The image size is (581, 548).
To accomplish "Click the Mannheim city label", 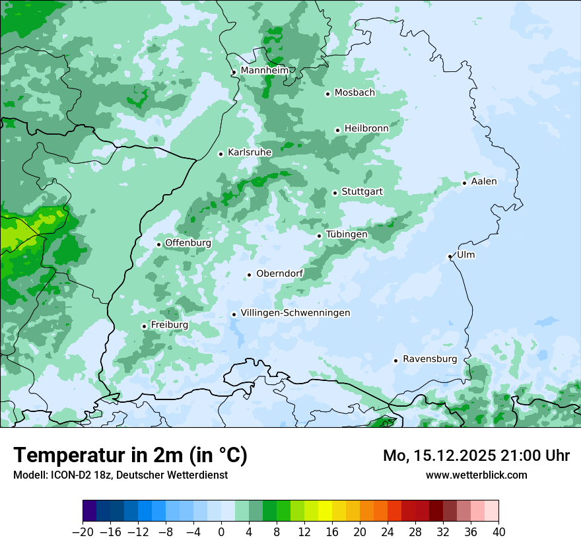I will pyautogui.click(x=264, y=71).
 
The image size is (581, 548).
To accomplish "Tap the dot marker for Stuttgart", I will pyautogui.click(x=335, y=193).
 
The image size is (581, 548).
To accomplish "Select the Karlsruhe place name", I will pyautogui.click(x=250, y=153).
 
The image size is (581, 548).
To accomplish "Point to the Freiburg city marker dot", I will pyautogui.click(x=144, y=326).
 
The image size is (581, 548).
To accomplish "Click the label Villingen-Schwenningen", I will pyautogui.click(x=295, y=313).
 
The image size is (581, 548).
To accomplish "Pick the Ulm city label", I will pyautogui.click(x=465, y=255).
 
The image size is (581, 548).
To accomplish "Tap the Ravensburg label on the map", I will pyautogui.click(x=429, y=359).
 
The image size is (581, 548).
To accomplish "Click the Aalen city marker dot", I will pyautogui.click(x=464, y=183).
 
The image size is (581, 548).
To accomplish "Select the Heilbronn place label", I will pyautogui.click(x=366, y=128).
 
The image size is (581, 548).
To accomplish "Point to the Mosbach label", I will pyautogui.click(x=355, y=93).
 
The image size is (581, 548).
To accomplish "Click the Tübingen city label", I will pyautogui.click(x=347, y=234).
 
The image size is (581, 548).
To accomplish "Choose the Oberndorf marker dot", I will pyautogui.click(x=249, y=275).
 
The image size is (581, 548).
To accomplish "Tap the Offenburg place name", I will pyautogui.click(x=188, y=243).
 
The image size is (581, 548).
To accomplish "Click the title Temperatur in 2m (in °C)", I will pyautogui.click(x=130, y=455).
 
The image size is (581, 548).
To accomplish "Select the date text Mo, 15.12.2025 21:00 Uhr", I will pyautogui.click(x=476, y=456).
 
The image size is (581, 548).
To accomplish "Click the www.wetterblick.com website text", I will pyautogui.click(x=476, y=475).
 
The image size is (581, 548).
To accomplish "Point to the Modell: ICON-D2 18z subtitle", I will pyautogui.click(x=120, y=475).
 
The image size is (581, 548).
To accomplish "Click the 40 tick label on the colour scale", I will pyautogui.click(x=498, y=532).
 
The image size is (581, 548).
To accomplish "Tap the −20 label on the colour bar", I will pyautogui.click(x=83, y=532).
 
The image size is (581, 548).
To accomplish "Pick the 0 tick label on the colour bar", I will pyautogui.click(x=221, y=532).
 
